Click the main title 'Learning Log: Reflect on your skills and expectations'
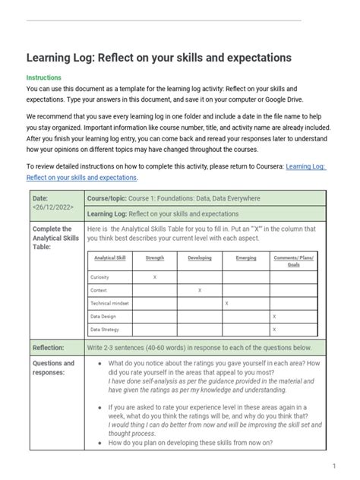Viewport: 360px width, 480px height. tap(160, 58)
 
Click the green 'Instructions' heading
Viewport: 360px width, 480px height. tap(44, 77)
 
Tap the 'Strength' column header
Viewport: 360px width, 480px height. tap(154, 258)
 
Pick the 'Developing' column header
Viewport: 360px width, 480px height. tap(199, 258)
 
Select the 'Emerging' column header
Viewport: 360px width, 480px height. tap(246, 258)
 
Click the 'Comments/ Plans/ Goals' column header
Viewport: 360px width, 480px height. tap(295, 261)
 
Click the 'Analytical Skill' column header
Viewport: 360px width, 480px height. tap(109, 258)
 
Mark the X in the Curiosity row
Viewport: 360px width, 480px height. tap(154, 277)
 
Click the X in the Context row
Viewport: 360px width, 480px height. tap(199, 290)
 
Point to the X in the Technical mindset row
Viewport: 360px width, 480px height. tap(226, 303)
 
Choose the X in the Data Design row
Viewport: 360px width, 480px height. tap(274, 316)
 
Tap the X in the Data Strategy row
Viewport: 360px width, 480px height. tap(274, 330)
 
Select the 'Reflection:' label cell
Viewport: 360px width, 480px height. tap(48, 347)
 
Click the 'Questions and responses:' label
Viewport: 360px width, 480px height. tap(53, 368)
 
